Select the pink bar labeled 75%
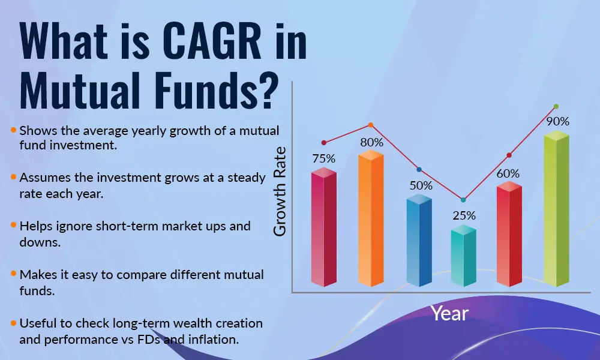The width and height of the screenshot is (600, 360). point(323,228)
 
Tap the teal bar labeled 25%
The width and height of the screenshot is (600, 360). point(463,258)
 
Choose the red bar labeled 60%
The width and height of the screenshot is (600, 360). point(509,234)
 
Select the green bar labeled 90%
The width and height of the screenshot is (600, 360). point(556,210)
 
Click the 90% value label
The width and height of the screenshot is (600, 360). point(557,121)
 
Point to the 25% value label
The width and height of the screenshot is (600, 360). point(464,215)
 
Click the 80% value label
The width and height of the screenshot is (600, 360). point(371,142)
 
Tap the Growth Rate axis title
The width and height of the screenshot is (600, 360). point(280,191)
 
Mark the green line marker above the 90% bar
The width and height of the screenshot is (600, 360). point(556,106)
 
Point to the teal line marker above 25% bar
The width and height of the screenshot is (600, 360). point(463,200)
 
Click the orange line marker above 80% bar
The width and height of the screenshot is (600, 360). point(370,125)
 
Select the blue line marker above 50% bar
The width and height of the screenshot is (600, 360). point(419,170)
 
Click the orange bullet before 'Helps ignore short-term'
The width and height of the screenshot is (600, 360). point(13,225)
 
